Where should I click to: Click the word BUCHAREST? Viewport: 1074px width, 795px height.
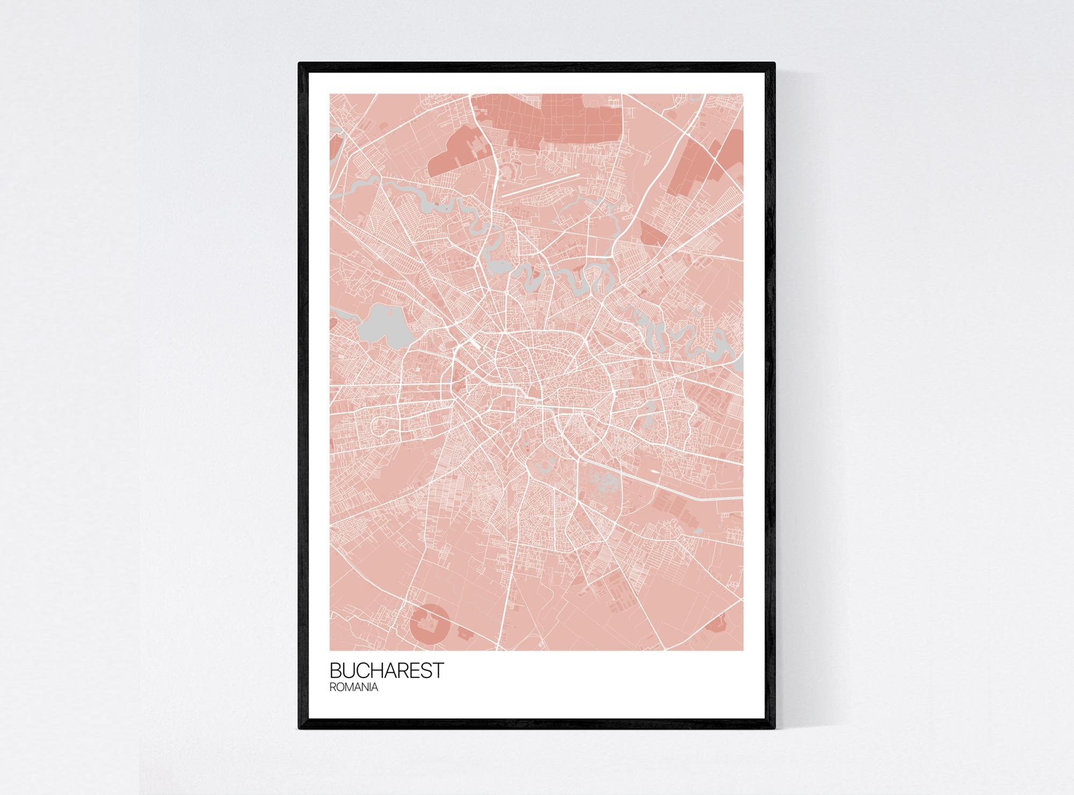[x=387, y=670]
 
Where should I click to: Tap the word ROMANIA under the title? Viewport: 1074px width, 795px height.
[x=354, y=688]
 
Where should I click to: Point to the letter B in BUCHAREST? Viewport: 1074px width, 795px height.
[x=335, y=670]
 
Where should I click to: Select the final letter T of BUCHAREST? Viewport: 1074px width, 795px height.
[x=439, y=670]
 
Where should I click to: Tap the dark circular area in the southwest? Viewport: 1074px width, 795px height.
[x=429, y=624]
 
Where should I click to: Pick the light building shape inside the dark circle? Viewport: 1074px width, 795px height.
[x=429, y=623]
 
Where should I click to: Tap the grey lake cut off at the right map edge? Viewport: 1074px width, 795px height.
[x=739, y=366]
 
